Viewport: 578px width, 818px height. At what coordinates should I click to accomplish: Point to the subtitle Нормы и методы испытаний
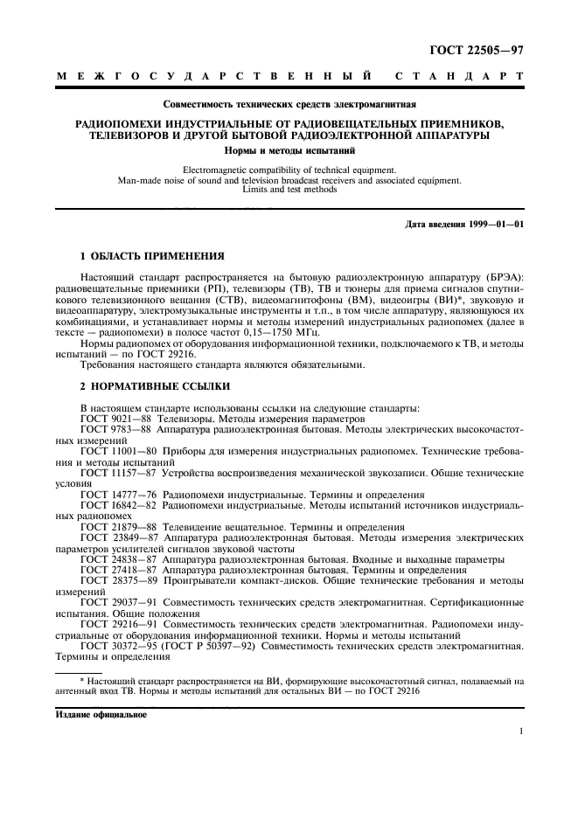(x=289, y=150)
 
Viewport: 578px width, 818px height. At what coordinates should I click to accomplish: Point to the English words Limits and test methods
(x=289, y=190)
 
